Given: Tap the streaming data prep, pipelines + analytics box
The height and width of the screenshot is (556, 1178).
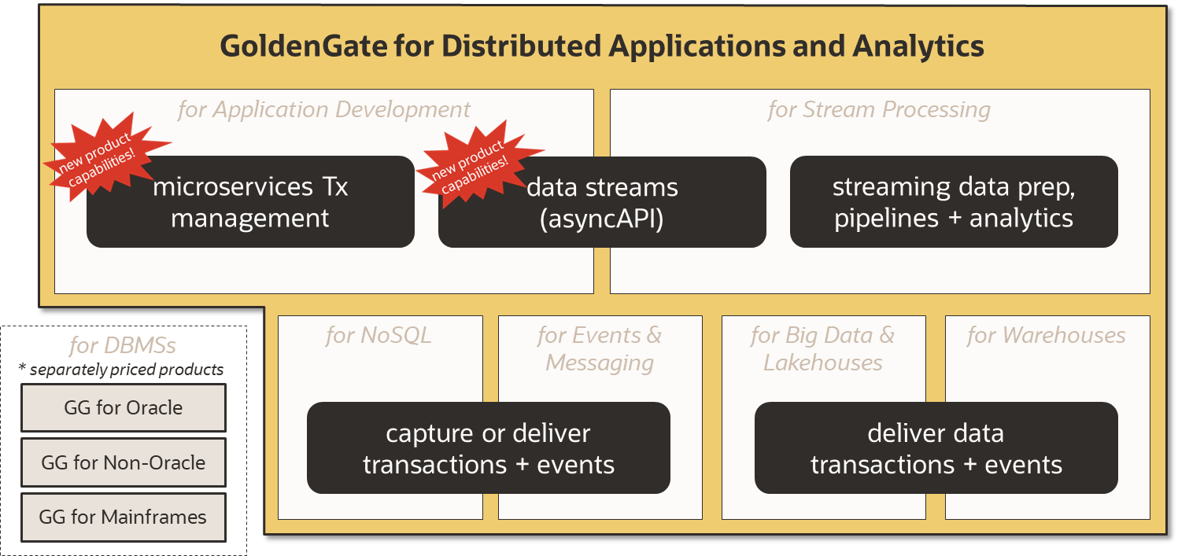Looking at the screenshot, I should (954, 202).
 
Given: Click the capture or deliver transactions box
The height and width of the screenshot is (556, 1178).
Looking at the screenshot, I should (488, 448).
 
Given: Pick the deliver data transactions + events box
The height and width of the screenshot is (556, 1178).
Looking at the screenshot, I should (936, 448).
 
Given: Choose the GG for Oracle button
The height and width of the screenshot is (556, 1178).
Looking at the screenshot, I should (124, 407).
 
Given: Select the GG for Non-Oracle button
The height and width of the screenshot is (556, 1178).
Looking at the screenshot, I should (124, 462).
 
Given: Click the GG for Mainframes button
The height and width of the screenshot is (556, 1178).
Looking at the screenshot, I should (124, 517).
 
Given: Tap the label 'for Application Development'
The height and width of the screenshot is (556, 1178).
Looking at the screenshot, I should (323, 109).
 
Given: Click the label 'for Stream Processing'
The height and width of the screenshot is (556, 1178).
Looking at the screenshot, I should (879, 109).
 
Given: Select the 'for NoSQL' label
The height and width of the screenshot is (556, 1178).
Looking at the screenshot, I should (379, 336).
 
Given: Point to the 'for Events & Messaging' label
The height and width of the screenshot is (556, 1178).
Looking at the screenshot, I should (600, 349).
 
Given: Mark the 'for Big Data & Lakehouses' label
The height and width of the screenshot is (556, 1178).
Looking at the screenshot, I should (822, 349).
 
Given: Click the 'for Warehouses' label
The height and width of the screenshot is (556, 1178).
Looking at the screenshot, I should (1046, 336).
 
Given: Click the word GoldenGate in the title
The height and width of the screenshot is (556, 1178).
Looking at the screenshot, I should (303, 46).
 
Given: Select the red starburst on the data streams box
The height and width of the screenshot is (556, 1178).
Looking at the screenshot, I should (475, 162).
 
